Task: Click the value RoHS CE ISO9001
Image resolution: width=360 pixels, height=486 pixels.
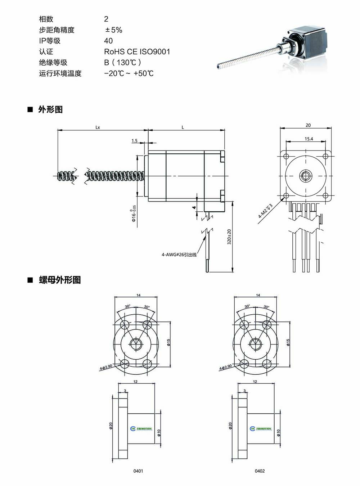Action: (137, 51)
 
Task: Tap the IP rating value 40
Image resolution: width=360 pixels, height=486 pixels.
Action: (108, 41)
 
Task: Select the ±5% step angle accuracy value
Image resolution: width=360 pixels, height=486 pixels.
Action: (113, 30)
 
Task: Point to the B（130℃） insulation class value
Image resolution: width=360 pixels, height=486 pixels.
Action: (123, 62)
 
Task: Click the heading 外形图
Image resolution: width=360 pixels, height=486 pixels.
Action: (50, 109)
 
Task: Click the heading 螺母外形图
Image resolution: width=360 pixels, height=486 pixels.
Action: (59, 280)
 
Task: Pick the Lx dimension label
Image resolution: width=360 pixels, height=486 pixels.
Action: (98, 127)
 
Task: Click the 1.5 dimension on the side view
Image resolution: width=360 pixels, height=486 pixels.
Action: (134, 141)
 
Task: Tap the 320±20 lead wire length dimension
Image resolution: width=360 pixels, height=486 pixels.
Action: (229, 237)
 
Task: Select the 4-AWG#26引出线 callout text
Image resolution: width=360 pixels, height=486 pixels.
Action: (179, 255)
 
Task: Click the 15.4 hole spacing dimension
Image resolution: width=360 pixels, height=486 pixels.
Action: (309, 139)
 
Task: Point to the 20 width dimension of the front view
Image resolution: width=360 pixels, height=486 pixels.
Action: (308, 125)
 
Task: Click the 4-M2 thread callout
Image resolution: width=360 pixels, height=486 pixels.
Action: (265, 211)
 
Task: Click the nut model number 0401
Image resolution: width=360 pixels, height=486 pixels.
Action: (138, 471)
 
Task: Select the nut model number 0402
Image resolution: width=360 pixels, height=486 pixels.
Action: (260, 471)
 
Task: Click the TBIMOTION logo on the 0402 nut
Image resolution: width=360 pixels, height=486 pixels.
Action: (261, 428)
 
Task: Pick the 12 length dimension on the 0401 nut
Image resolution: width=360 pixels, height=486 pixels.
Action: (135, 382)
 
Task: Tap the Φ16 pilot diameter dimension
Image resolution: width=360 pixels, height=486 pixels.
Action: (134, 214)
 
